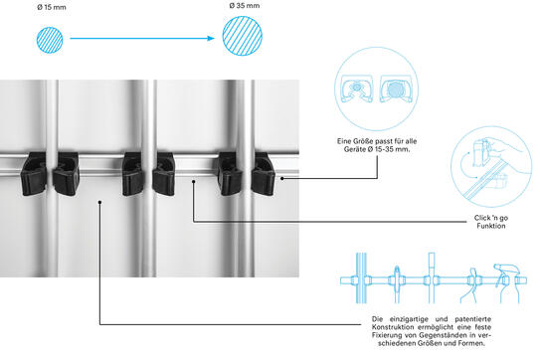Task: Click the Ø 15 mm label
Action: (52, 7)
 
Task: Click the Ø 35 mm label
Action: (245, 6)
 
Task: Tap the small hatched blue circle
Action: (50, 40)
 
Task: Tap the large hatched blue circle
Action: (243, 36)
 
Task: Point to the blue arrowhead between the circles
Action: (211, 38)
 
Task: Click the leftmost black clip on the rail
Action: (34, 174)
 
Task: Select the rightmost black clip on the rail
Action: (264, 174)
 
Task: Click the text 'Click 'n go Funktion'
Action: (491, 222)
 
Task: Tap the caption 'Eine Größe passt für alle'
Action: (377, 141)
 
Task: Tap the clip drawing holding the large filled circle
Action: (396, 89)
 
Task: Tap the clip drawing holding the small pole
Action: (356, 89)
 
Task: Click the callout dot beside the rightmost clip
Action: (282, 178)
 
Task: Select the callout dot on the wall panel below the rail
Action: (99, 202)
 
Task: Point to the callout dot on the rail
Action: (194, 182)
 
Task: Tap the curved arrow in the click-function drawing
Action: (462, 165)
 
